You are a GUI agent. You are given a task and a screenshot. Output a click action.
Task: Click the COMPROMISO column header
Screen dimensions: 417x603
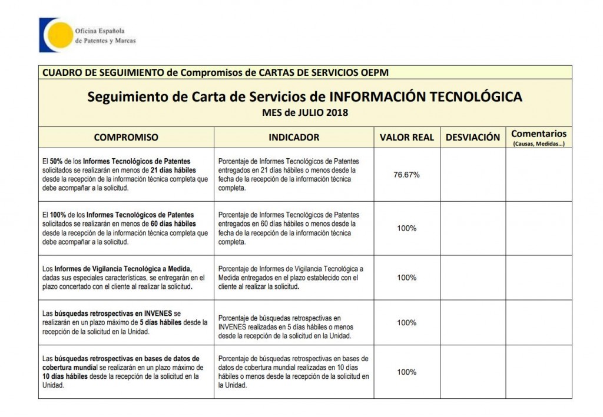(126, 137)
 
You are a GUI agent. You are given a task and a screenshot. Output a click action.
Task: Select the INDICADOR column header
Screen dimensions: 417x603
(294, 137)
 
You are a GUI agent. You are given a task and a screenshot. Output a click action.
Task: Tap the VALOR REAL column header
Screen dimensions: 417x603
(406, 137)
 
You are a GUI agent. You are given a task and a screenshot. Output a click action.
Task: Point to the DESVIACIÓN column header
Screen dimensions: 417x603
(473, 137)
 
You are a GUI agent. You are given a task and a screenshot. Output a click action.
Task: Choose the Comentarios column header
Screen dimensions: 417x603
(538, 134)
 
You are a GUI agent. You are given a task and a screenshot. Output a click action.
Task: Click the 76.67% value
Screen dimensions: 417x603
(406, 175)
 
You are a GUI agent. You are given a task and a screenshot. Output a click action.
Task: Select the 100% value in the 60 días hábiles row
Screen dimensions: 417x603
(406, 228)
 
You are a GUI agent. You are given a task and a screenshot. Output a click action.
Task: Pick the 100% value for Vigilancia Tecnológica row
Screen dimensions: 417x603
(406, 277)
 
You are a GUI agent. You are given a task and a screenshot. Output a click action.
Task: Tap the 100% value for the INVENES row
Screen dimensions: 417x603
(406, 322)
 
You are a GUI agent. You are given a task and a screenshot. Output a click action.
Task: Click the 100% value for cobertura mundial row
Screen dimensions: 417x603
(406, 372)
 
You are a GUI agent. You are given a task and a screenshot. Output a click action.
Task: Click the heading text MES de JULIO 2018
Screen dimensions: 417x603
(304, 113)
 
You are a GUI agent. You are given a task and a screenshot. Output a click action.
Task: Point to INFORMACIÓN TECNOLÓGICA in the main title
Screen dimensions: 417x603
(425, 96)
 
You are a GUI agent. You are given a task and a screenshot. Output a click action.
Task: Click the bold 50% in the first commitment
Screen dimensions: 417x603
(57, 161)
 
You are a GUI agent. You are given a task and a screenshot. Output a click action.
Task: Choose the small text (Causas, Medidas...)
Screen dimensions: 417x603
(538, 144)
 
